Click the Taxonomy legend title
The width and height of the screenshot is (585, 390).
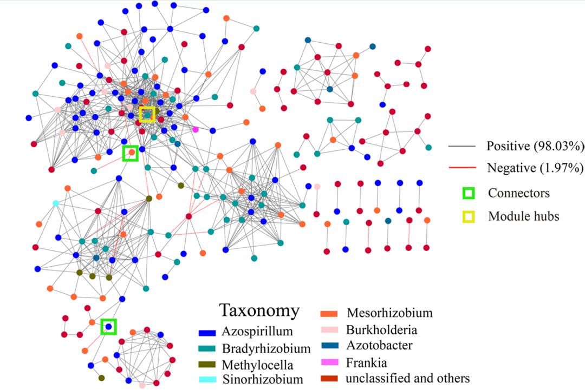click(259, 310)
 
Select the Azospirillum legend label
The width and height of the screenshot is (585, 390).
click(257, 332)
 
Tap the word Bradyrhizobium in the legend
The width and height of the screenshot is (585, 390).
click(266, 348)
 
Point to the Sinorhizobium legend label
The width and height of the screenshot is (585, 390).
click(263, 379)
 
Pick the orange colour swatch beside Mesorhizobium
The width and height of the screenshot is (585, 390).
click(329, 313)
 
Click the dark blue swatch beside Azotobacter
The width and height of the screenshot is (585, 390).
click(329, 346)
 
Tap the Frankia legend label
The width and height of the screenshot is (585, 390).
click(367, 362)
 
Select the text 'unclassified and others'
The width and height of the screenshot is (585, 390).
click(407, 378)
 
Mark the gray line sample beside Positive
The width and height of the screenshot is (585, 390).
click(461, 147)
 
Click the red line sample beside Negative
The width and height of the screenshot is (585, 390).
click(461, 168)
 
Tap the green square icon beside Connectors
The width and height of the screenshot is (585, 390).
click(468, 193)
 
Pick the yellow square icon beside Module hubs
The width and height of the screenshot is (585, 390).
click(468, 217)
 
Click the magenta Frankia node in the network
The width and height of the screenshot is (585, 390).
click(196, 129)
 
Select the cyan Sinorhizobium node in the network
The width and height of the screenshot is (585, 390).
click(55, 203)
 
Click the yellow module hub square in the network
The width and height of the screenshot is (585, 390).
click(147, 115)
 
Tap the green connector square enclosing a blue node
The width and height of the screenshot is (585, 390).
click(109, 326)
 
